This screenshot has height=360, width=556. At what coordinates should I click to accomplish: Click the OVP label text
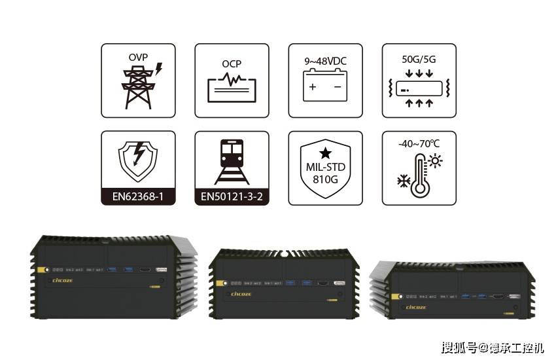tap(137, 57)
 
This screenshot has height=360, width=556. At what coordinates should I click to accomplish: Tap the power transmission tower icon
tap(138, 88)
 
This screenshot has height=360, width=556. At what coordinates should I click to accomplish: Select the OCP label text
tap(232, 64)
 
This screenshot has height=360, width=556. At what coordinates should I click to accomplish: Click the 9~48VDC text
tap(325, 61)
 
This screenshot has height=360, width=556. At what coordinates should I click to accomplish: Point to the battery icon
tap(325, 86)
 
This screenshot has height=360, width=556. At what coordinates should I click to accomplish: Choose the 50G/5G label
tap(419, 59)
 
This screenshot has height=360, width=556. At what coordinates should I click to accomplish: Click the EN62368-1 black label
tap(138, 196)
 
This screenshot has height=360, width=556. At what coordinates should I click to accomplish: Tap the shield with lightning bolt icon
tap(138, 161)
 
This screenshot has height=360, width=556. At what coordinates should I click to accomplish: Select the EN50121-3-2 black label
tap(232, 196)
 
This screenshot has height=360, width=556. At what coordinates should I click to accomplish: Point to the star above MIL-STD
tap(326, 153)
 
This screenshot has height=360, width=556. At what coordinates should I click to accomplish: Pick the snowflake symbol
tap(404, 179)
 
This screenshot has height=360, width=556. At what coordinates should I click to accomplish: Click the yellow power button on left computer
tap(41, 268)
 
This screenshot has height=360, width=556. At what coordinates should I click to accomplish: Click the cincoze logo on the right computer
tap(416, 306)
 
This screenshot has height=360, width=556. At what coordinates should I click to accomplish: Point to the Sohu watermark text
tap(492, 347)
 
